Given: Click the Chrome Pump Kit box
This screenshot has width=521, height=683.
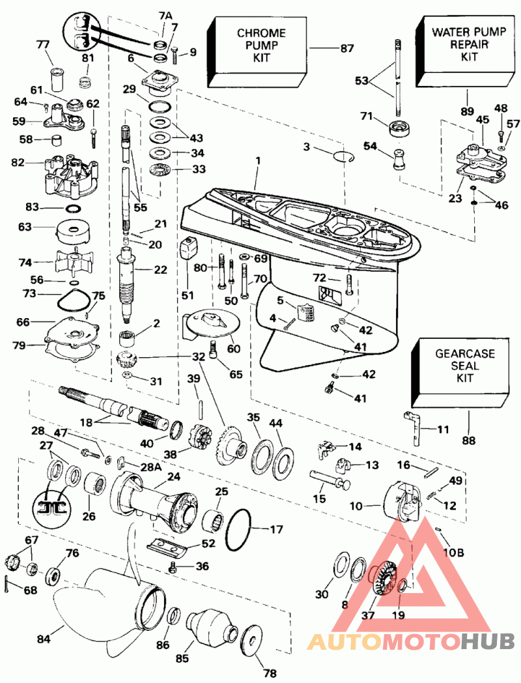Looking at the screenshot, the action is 258,51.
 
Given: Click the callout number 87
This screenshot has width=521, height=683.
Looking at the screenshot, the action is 347,48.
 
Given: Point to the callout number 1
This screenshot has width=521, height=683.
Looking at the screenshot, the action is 258,161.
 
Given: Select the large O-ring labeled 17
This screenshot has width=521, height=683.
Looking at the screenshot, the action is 238,530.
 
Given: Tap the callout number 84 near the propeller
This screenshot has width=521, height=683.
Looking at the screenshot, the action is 44,639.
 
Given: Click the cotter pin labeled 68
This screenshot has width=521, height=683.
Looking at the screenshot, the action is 10,584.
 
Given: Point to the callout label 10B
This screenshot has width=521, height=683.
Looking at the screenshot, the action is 453,552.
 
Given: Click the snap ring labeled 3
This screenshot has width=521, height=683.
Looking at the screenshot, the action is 344,156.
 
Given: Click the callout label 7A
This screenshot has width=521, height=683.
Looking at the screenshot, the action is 165,16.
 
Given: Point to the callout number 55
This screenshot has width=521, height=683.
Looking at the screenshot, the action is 140,207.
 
